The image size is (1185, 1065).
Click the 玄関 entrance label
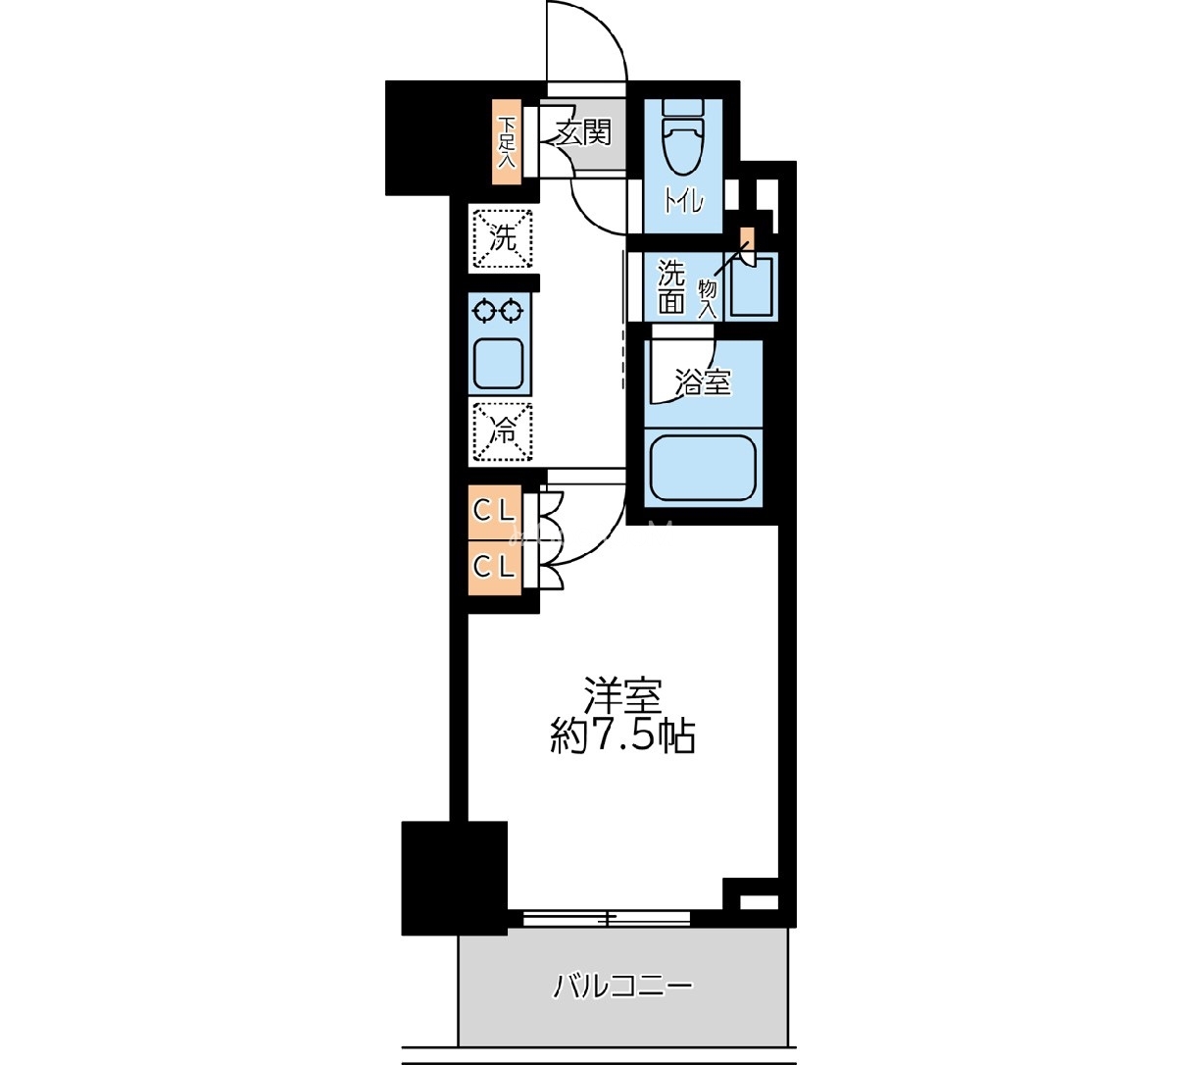point(583,131)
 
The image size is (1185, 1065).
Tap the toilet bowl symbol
point(683,138)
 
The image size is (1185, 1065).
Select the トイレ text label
point(683,202)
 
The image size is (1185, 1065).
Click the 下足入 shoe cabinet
point(507,143)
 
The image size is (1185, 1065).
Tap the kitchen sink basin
point(498,364)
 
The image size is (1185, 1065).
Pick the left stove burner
point(485,311)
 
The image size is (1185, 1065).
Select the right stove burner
point(512,311)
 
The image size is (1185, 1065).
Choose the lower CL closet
point(494,567)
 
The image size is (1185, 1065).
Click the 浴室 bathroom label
point(703,382)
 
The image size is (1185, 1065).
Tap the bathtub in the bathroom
point(704,468)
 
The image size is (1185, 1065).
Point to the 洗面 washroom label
point(671,286)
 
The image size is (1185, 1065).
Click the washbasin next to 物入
point(752,286)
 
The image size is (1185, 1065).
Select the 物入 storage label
point(708,299)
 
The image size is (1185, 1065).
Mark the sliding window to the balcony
point(607,918)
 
